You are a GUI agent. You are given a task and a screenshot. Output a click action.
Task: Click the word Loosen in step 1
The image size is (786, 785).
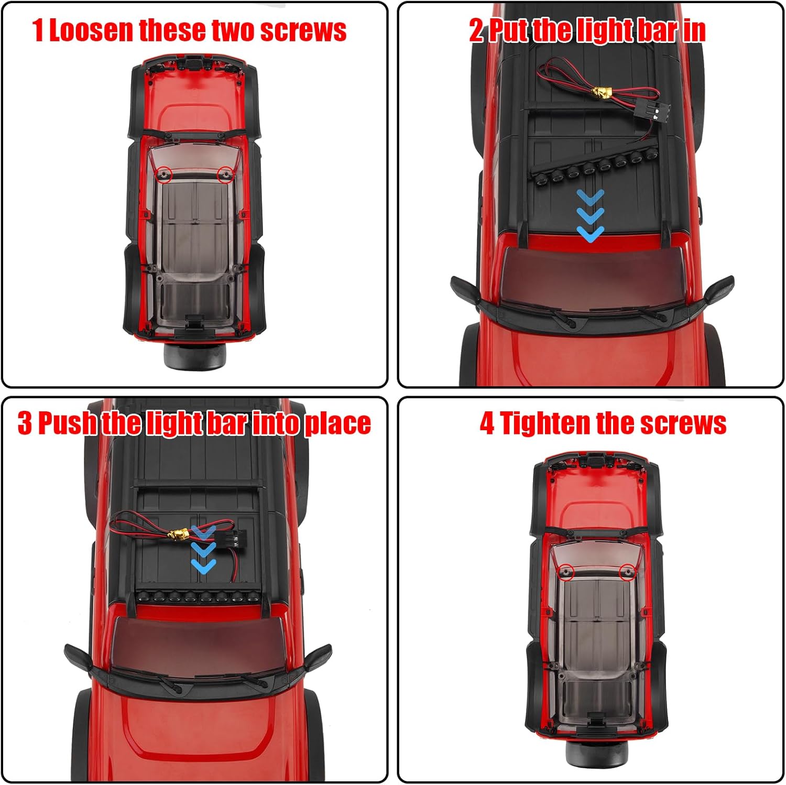[91, 30]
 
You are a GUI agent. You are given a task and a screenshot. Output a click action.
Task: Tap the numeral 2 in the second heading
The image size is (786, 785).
[476, 30]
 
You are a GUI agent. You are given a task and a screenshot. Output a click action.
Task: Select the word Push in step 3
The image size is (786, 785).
[68, 423]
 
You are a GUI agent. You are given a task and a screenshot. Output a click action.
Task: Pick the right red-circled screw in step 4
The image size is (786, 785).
[627, 571]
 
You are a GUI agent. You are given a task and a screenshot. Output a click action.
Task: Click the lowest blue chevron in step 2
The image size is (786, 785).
[591, 234]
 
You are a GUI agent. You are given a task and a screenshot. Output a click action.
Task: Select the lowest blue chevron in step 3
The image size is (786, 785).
[203, 565]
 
